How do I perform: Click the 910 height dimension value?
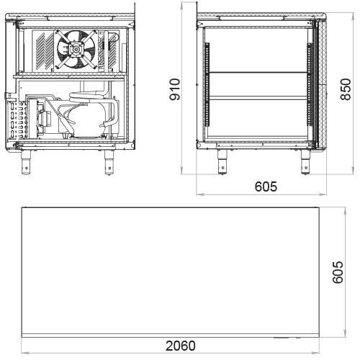[175, 89]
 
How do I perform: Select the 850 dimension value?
[346, 89]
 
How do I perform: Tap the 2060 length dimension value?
[181, 346]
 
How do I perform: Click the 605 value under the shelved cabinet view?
[266, 186]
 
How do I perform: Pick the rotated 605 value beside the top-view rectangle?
[338, 272]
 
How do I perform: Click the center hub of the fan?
[76, 50]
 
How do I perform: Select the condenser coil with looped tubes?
[17, 120]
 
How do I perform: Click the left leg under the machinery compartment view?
[26, 162]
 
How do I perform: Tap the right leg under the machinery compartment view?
[109, 162]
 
